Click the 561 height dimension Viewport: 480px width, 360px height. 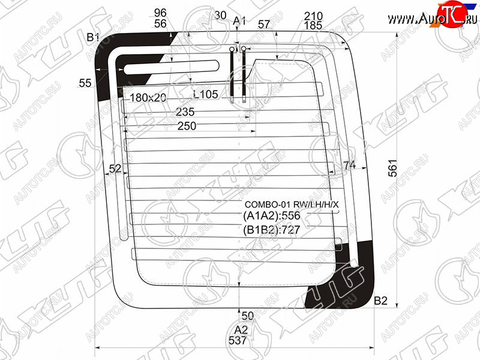[x=392, y=168]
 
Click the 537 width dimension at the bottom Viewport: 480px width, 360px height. [x=238, y=340]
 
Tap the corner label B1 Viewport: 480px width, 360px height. [x=93, y=37]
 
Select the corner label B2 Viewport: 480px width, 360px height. [x=381, y=301]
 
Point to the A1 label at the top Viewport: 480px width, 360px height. [x=239, y=21]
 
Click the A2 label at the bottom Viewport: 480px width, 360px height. [x=241, y=329]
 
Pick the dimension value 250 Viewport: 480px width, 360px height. [x=187, y=126]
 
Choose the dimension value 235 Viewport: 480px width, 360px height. [x=185, y=112]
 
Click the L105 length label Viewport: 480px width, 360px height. [x=206, y=94]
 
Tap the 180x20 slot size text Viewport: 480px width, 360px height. [x=148, y=98]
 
